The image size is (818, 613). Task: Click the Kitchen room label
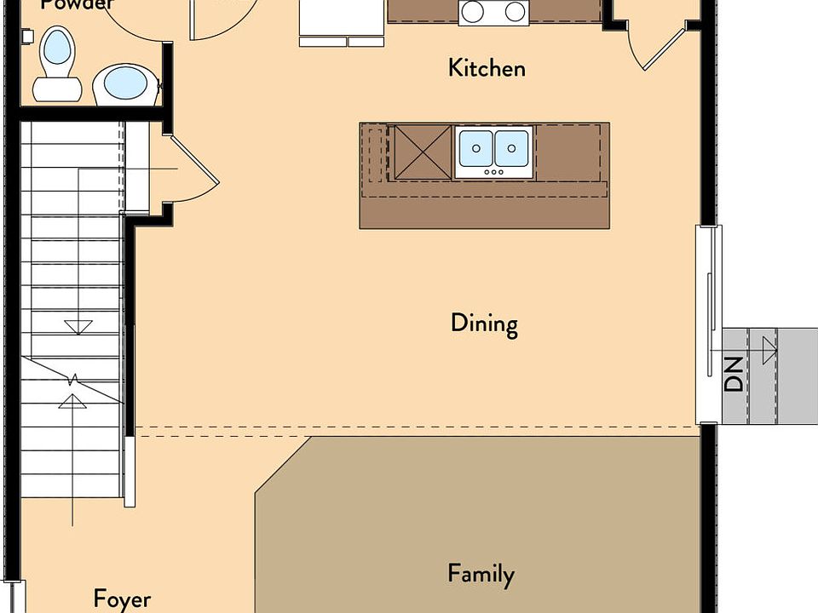[487, 68]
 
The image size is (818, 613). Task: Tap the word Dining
[484, 324]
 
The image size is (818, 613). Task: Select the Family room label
[481, 575]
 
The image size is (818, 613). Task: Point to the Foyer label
[122, 599]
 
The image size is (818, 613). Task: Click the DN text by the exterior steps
[734, 374]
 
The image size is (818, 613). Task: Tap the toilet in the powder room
[57, 61]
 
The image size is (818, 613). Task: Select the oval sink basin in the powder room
[125, 83]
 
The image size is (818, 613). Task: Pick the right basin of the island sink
[512, 148]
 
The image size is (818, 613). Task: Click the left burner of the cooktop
[473, 11]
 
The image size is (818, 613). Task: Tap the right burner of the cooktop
[514, 11]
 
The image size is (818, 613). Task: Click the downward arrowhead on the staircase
[78, 326]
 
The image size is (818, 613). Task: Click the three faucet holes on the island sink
[494, 171]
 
